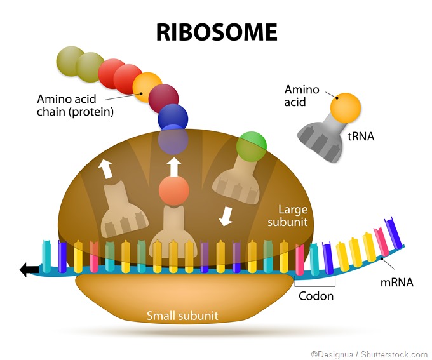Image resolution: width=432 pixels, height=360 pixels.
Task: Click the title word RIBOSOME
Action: [x=217, y=31]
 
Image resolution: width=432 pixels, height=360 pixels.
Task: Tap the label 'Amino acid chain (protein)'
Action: [x=75, y=105]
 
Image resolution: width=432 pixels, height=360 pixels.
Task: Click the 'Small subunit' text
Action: [x=182, y=316]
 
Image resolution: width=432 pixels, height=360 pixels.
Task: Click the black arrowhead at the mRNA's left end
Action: [x=27, y=270]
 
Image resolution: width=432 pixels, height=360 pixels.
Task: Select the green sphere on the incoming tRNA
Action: [x=251, y=147]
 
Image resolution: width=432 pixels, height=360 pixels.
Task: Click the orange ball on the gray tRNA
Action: [x=346, y=107]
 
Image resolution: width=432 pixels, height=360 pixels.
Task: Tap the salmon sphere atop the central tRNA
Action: [x=173, y=189]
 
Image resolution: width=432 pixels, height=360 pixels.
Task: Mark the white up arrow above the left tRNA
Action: [x=105, y=168]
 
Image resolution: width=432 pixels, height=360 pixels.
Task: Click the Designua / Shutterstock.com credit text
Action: [x=368, y=353]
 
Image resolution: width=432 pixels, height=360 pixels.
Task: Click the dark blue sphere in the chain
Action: [x=173, y=118]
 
